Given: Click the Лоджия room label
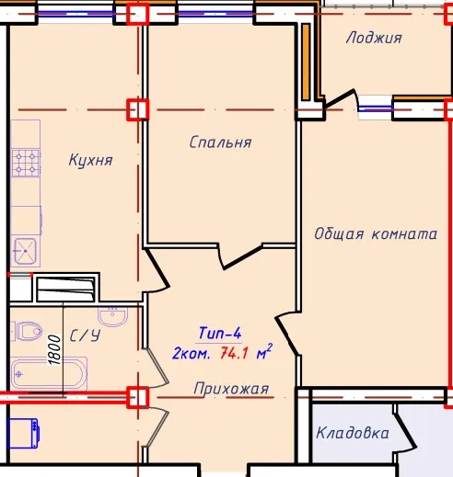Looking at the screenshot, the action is (x=374, y=38).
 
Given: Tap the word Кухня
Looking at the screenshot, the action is (x=91, y=160).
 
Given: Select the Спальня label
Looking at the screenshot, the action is (x=220, y=142).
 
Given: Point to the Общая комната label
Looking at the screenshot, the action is (x=376, y=234).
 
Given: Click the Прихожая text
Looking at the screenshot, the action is (x=231, y=389).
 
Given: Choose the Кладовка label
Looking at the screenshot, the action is (x=353, y=433).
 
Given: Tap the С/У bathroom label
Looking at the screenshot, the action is (x=85, y=335).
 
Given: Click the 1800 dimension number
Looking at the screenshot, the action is (x=54, y=349).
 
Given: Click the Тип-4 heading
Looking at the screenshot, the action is (x=220, y=333).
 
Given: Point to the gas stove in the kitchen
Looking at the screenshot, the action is (x=26, y=163).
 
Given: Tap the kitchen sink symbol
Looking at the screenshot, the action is (x=26, y=251).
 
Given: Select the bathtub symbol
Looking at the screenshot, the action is (x=49, y=374).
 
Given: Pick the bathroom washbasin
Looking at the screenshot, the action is (x=112, y=317).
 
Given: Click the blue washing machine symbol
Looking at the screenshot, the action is (x=24, y=434).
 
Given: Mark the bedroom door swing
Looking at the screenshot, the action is (x=242, y=256).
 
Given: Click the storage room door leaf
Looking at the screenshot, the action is (x=405, y=427).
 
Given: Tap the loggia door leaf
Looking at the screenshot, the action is (x=340, y=98).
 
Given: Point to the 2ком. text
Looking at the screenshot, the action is (x=192, y=354).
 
